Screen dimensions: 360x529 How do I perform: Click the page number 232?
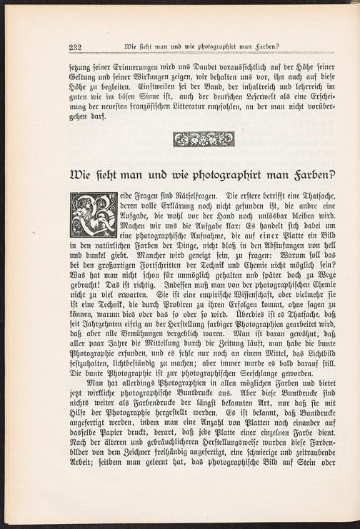76,47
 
